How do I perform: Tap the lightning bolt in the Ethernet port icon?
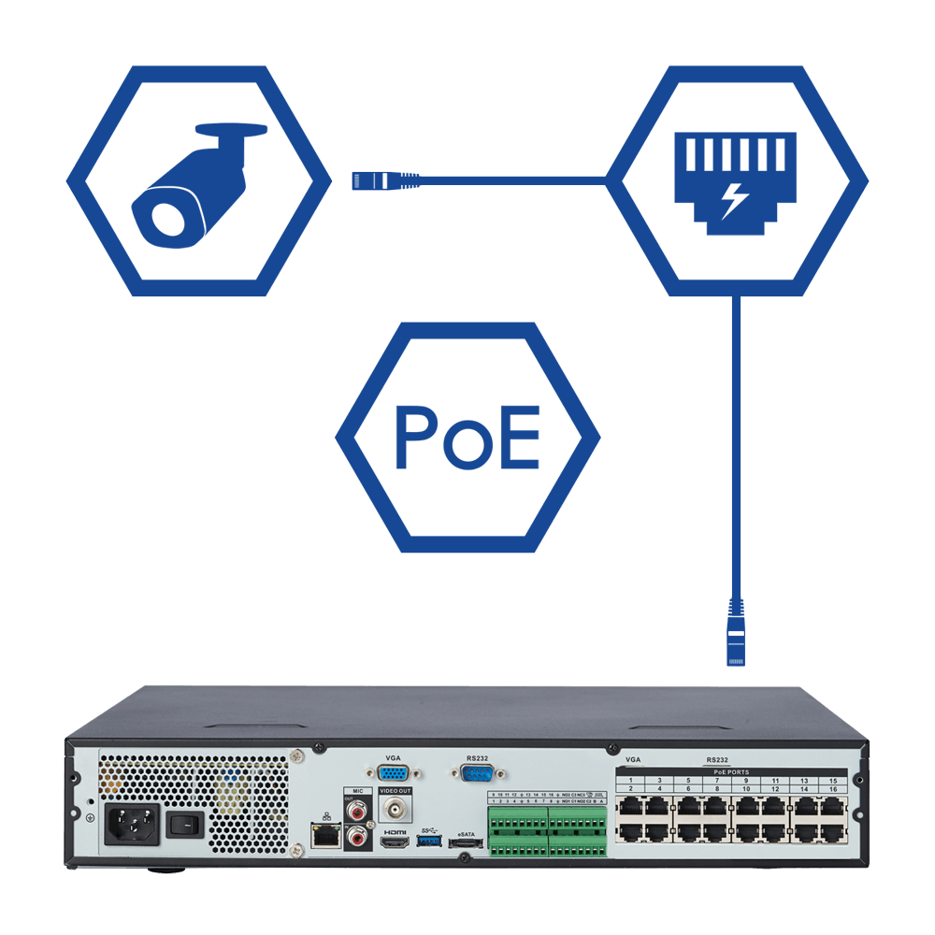(x=735, y=200)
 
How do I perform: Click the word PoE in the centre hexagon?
(x=467, y=437)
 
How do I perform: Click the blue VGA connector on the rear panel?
(x=393, y=773)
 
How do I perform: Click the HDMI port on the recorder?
(x=394, y=843)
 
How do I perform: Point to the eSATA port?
(x=465, y=844)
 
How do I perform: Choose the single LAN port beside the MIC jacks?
(x=324, y=836)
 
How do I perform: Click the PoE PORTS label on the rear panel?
(x=730, y=771)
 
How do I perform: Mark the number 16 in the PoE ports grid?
(x=833, y=790)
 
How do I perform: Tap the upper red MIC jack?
(x=356, y=810)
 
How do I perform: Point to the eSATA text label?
(x=465, y=832)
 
